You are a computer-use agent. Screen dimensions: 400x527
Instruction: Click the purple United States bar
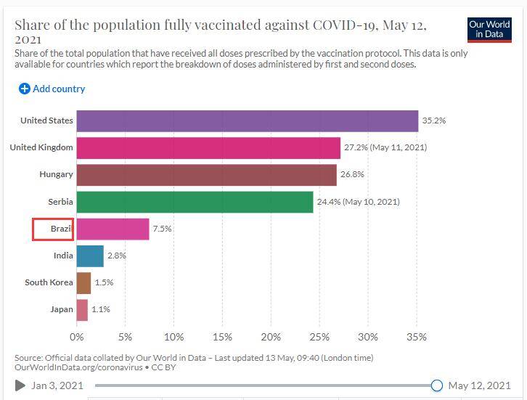pos(247,121)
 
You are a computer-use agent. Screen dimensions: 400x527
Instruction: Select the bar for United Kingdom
pos(208,147)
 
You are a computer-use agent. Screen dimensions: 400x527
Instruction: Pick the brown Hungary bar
pos(206,175)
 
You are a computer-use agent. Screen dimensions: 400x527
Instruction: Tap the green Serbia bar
pos(195,202)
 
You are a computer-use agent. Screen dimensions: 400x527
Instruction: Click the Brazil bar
pos(113,229)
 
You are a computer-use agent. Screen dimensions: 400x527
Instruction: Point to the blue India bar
pos(90,256)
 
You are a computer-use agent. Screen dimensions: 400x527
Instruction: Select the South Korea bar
pos(83,282)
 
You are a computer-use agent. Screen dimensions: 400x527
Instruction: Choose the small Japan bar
pos(82,310)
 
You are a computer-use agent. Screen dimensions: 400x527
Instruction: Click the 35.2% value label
pos(434,121)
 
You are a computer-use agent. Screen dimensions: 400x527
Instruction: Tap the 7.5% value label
pos(162,229)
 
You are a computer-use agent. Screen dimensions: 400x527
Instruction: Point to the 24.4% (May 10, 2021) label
pos(358,202)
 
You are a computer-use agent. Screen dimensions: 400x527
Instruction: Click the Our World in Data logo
pos(490,29)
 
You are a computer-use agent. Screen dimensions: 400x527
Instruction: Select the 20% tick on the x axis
pos(271,337)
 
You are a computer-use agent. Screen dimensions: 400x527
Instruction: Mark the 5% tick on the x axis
pos(125,337)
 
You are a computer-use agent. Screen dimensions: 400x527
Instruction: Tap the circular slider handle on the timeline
pos(436,385)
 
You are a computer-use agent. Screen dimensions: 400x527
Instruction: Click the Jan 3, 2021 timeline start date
pos(58,385)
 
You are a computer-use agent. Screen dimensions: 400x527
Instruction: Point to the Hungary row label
pos(56,175)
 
